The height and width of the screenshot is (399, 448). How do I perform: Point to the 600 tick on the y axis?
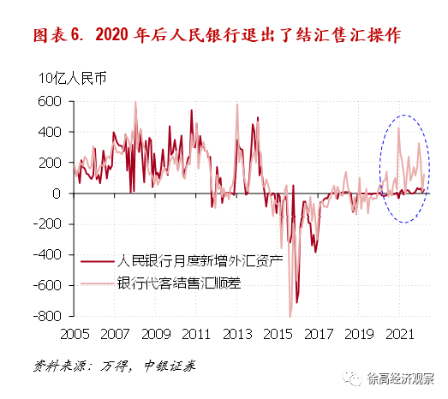51,101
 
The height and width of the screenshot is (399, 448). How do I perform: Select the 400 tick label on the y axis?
51,132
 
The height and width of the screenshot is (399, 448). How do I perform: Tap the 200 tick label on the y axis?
51,163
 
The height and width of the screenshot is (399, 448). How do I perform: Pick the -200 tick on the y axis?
48,224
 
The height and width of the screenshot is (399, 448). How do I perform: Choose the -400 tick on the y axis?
48,255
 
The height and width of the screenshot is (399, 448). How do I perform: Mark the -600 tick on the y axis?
48,286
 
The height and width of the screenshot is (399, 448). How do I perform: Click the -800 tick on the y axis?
48,317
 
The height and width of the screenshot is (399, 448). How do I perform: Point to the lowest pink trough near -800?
290,316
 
